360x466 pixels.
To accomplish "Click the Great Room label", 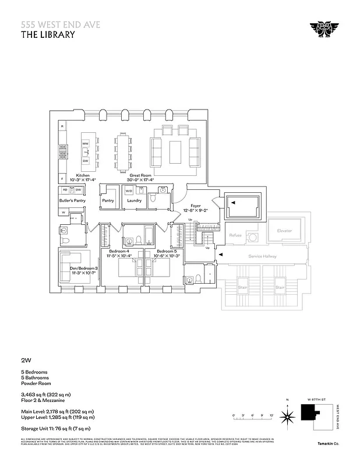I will coord(142,175).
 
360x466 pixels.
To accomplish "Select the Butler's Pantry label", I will coord(73,200).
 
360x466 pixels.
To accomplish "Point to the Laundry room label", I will coord(135,200).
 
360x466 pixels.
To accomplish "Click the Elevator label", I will coord(284,231).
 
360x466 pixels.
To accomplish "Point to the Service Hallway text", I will coord(262,256).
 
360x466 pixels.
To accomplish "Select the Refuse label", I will coord(235,235).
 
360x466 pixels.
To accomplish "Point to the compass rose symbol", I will coord(287,416).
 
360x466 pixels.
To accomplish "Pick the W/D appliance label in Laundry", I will coord(129,190).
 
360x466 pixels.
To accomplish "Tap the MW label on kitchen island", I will coord(85,143).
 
